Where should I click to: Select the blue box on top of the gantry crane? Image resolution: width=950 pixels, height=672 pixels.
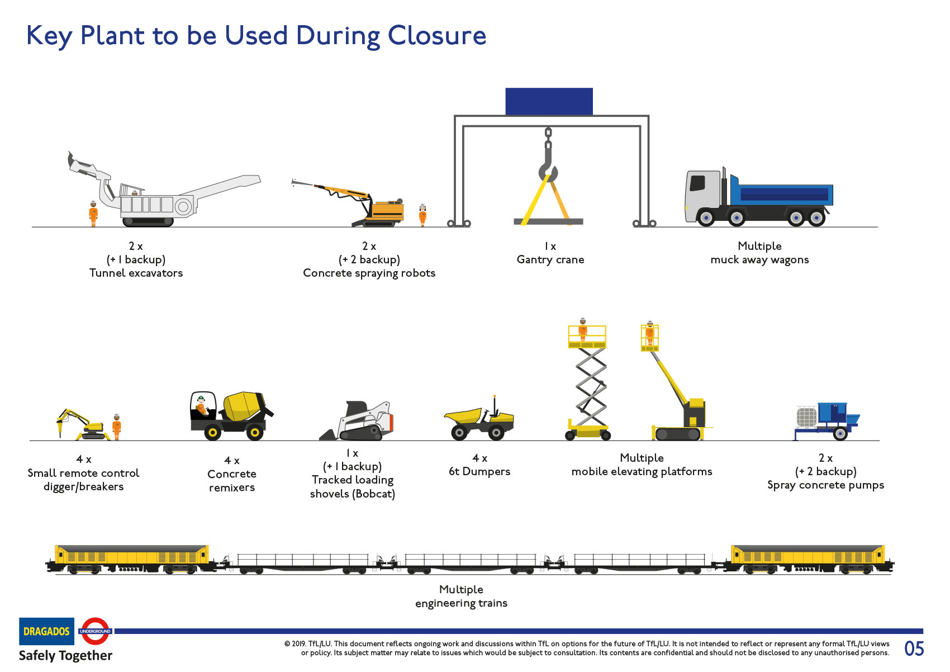coord(549,101)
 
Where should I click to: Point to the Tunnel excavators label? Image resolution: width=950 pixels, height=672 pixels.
coord(136,273)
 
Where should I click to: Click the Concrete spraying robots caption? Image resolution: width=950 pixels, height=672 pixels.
coord(369,273)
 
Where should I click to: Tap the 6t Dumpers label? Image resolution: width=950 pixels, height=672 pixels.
coord(479,471)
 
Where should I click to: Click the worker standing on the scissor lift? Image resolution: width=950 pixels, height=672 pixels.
coord(583,330)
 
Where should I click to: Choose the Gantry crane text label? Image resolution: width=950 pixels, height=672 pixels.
coord(550,259)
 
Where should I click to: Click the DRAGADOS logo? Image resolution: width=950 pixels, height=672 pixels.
coord(46,631)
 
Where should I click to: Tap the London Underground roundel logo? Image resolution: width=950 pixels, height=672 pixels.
coord(95,631)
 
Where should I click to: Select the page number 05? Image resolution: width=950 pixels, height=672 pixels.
coord(914,649)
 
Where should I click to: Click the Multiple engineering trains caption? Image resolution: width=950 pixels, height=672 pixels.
coord(461,596)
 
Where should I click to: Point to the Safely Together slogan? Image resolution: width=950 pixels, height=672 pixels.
coord(65,655)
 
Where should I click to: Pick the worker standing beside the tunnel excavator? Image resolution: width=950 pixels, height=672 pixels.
coord(93,213)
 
